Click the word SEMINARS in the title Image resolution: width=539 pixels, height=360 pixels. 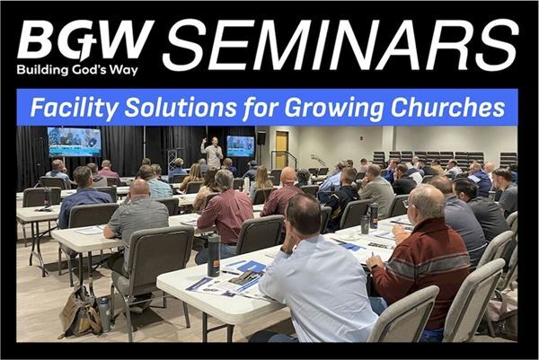click(x=340, y=45)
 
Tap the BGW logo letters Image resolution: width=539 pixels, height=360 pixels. click(x=85, y=40)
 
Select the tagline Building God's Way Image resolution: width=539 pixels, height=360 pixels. click(x=77, y=70)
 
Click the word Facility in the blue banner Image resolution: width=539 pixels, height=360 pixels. click(x=74, y=108)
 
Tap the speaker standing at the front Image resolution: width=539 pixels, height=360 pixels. click(x=213, y=153)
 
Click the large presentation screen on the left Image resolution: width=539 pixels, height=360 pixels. click(x=75, y=142)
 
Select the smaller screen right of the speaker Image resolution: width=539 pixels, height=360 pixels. click(x=240, y=146)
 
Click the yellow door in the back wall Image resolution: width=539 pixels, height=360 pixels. click(x=281, y=149)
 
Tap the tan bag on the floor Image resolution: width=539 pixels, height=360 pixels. click(x=81, y=312)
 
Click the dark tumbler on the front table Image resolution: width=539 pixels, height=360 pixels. click(x=214, y=255)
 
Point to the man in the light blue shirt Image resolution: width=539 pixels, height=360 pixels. click(x=315, y=274)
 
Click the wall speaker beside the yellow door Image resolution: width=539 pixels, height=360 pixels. click(x=261, y=137)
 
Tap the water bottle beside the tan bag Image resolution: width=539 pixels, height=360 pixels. click(x=104, y=313)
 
